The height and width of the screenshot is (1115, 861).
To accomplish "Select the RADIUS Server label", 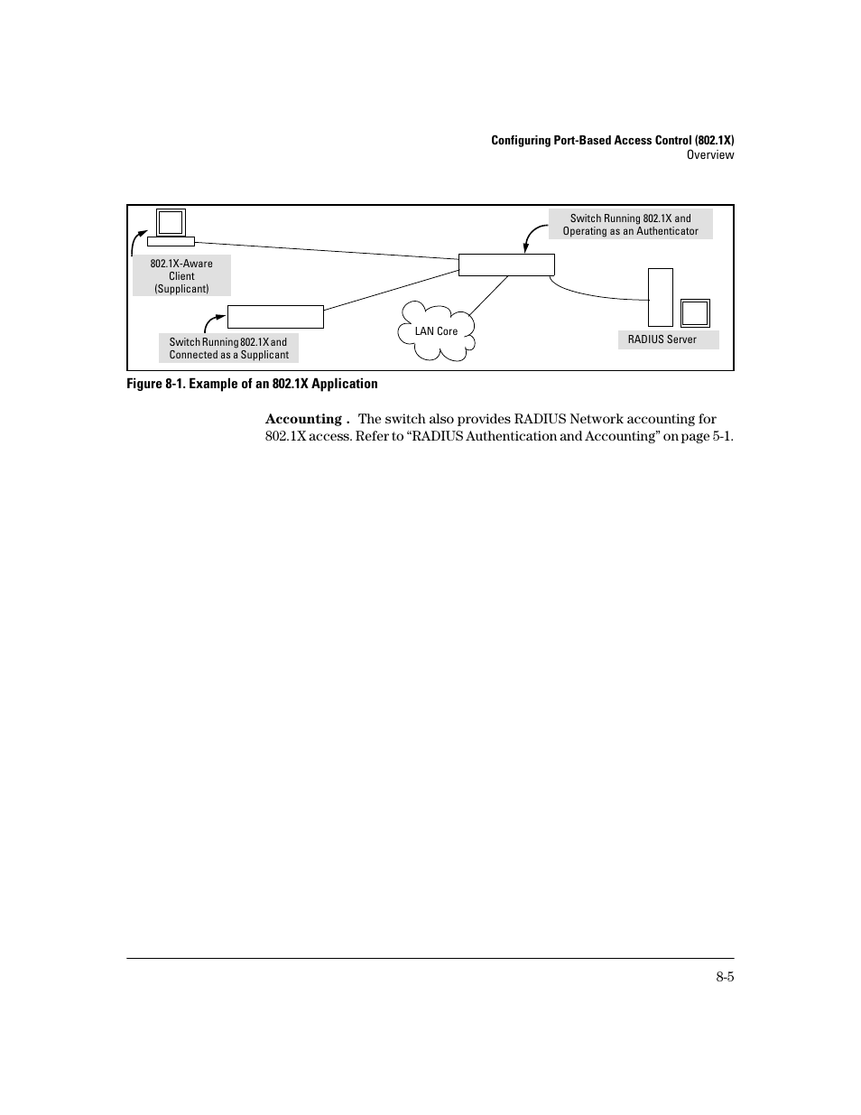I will [662, 339].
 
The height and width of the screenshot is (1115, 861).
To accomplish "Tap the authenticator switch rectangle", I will [506, 265].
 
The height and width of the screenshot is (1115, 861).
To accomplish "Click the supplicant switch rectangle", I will [275, 317].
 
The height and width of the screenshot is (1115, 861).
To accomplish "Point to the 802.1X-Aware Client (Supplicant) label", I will [181, 275].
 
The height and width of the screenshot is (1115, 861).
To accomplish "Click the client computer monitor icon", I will [171, 223].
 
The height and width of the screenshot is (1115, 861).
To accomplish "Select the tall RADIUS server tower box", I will [661, 297].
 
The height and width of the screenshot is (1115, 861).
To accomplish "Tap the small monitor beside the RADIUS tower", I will [695, 312].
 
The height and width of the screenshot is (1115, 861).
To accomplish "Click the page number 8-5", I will [725, 977].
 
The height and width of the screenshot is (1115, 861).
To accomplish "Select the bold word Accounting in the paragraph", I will [303, 419].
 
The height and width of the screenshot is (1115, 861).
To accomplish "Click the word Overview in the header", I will [709, 155].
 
